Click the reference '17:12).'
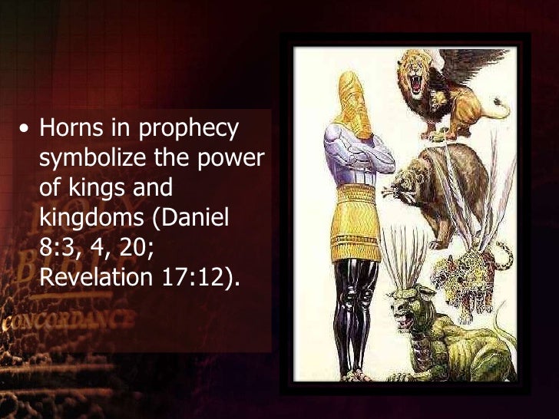click(x=202, y=274)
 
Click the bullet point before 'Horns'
click(x=25, y=130)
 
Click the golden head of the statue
click(x=352, y=100)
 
